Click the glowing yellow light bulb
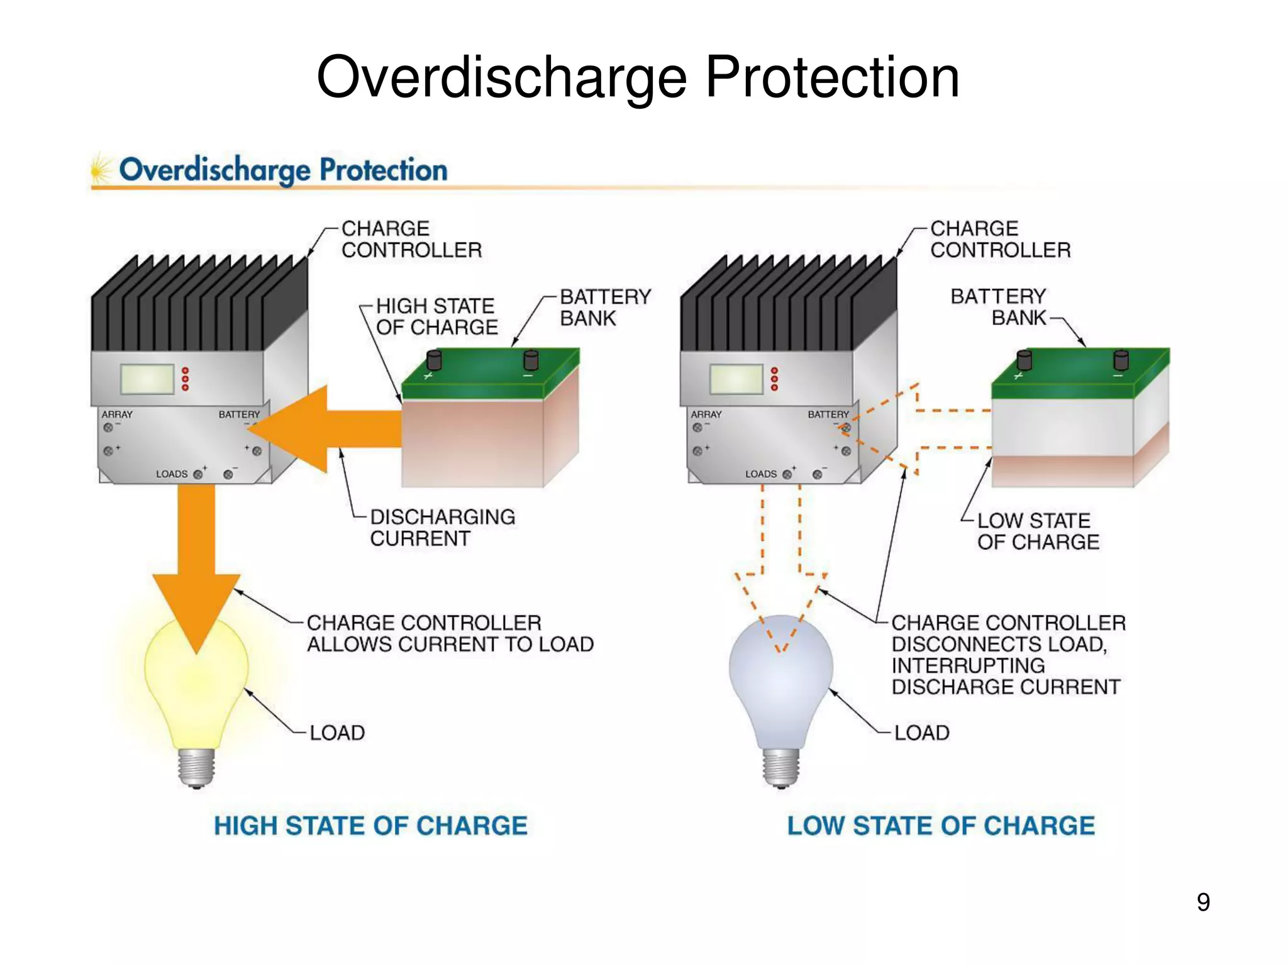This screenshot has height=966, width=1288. click(196, 686)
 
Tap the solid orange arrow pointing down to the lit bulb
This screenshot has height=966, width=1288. click(196, 566)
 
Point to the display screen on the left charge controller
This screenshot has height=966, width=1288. click(148, 379)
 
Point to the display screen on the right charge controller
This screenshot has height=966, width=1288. click(736, 379)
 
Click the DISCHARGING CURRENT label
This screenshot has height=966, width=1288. click(442, 528)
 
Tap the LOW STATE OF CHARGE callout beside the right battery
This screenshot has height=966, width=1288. click(1038, 531)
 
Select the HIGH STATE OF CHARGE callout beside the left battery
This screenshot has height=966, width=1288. click(436, 316)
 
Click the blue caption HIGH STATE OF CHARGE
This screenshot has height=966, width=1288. click(370, 826)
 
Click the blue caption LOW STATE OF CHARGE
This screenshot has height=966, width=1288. click(941, 826)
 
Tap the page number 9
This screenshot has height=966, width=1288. click(1203, 902)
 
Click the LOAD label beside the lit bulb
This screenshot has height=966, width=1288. click(337, 733)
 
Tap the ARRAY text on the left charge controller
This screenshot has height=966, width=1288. click(117, 414)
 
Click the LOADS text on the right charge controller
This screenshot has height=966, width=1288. click(761, 474)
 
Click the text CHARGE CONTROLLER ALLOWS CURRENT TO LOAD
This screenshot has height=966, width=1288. click(450, 633)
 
